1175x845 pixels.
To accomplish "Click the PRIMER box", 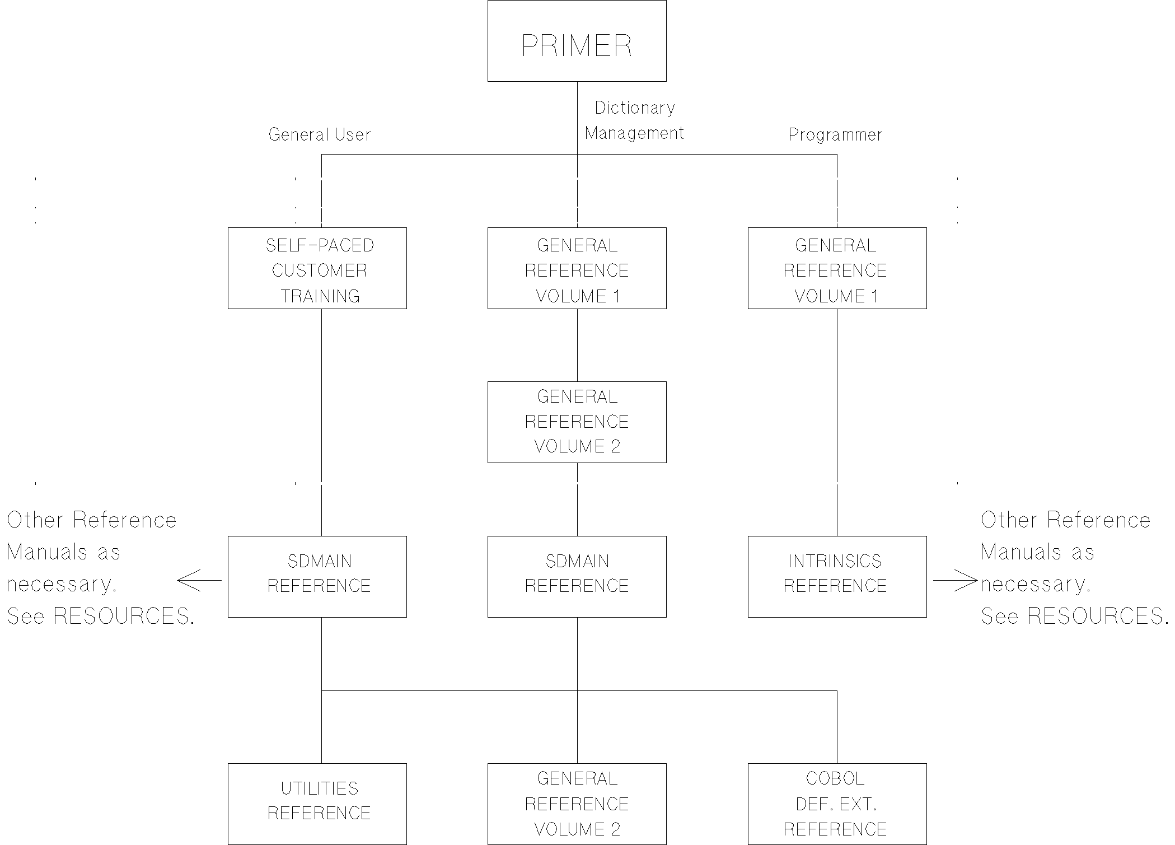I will coord(577,41).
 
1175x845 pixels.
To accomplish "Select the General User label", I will coord(319,134).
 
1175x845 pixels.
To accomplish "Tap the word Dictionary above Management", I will coord(634,108).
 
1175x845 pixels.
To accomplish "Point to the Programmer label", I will coord(835,134).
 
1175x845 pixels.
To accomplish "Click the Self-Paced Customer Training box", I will coord(317,268).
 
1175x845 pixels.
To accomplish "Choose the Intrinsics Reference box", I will coord(837,577).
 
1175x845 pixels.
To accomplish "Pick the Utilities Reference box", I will coord(317,804).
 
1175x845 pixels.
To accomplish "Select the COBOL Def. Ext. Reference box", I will coord(837,804).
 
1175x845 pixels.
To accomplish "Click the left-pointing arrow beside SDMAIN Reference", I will coord(199,580).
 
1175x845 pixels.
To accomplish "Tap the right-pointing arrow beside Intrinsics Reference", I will coord(955,580).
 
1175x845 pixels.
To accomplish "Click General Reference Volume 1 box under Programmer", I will coord(837,268).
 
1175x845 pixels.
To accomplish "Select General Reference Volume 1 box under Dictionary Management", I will coord(577,268).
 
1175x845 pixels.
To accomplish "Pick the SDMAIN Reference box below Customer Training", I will coord(317,577).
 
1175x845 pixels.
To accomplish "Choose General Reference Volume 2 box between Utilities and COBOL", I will coord(577,804).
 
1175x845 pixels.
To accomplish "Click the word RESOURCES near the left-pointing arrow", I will coord(123,616).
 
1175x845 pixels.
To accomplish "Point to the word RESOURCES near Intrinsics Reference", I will coord(1097,616).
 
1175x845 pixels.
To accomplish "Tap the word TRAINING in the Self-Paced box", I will coord(320,296).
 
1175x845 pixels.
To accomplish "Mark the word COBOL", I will coord(835,778).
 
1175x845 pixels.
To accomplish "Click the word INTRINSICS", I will coord(835,561).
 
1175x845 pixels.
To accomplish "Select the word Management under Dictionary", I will coord(634,133).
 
